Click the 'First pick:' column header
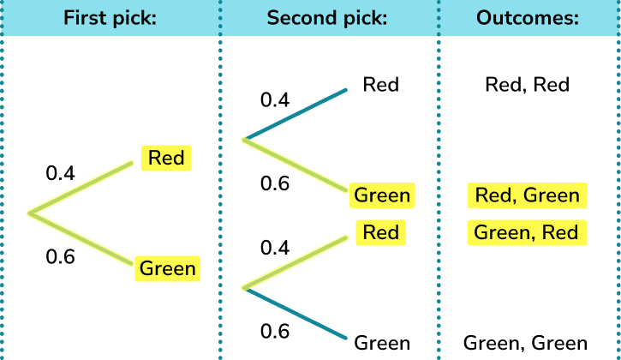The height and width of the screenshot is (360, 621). [109, 18]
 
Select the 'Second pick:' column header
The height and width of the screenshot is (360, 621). [328, 18]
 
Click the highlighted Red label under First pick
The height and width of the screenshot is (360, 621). [166, 158]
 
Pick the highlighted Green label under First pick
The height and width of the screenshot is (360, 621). [168, 268]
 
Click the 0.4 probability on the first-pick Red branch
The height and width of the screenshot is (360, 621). [61, 173]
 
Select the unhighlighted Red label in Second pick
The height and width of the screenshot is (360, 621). [381, 85]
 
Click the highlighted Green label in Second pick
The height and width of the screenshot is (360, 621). [383, 195]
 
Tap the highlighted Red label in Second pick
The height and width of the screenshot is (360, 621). [380, 232]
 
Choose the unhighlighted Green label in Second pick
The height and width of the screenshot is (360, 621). [382, 344]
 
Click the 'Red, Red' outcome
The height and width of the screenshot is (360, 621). [527, 85]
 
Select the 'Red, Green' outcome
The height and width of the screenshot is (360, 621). [528, 195]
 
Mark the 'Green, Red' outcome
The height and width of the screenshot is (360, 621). [528, 232]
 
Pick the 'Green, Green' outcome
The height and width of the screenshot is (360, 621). [525, 344]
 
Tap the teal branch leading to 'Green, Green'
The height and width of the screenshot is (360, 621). [296, 315]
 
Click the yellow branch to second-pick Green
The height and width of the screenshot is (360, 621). [296, 165]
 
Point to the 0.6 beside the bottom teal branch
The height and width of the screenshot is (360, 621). [275, 331]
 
